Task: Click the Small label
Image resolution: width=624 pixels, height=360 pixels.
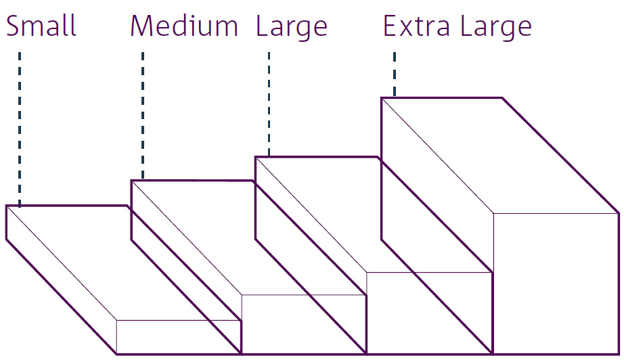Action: pyautogui.click(x=41, y=26)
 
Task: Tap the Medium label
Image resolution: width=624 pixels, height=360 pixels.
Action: pyautogui.click(x=184, y=26)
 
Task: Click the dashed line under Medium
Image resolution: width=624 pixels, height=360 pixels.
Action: pyautogui.click(x=143, y=115)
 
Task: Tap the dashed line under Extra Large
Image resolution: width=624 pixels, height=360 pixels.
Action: pyautogui.click(x=395, y=74)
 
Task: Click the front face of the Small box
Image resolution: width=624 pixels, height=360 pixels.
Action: pyautogui.click(x=179, y=336)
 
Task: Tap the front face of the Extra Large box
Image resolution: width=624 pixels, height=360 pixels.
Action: pyautogui.click(x=556, y=283)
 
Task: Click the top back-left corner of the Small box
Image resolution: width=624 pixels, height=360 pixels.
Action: pyautogui.click(x=7, y=205)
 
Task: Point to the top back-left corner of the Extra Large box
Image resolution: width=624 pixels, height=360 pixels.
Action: pyautogui.click(x=382, y=98)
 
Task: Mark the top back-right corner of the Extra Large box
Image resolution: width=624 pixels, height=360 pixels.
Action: pyautogui.click(x=502, y=98)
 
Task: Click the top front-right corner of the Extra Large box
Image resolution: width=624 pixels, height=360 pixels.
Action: pyautogui.click(x=619, y=213)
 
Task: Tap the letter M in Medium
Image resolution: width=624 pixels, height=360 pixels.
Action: pyautogui.click(x=144, y=26)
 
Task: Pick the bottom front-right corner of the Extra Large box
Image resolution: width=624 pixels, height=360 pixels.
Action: pyautogui.click(x=619, y=353)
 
